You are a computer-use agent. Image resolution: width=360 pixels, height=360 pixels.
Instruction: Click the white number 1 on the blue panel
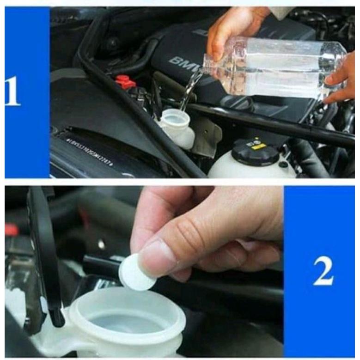click(12, 92)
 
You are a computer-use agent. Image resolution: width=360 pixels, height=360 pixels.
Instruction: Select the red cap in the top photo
click(125, 82)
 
